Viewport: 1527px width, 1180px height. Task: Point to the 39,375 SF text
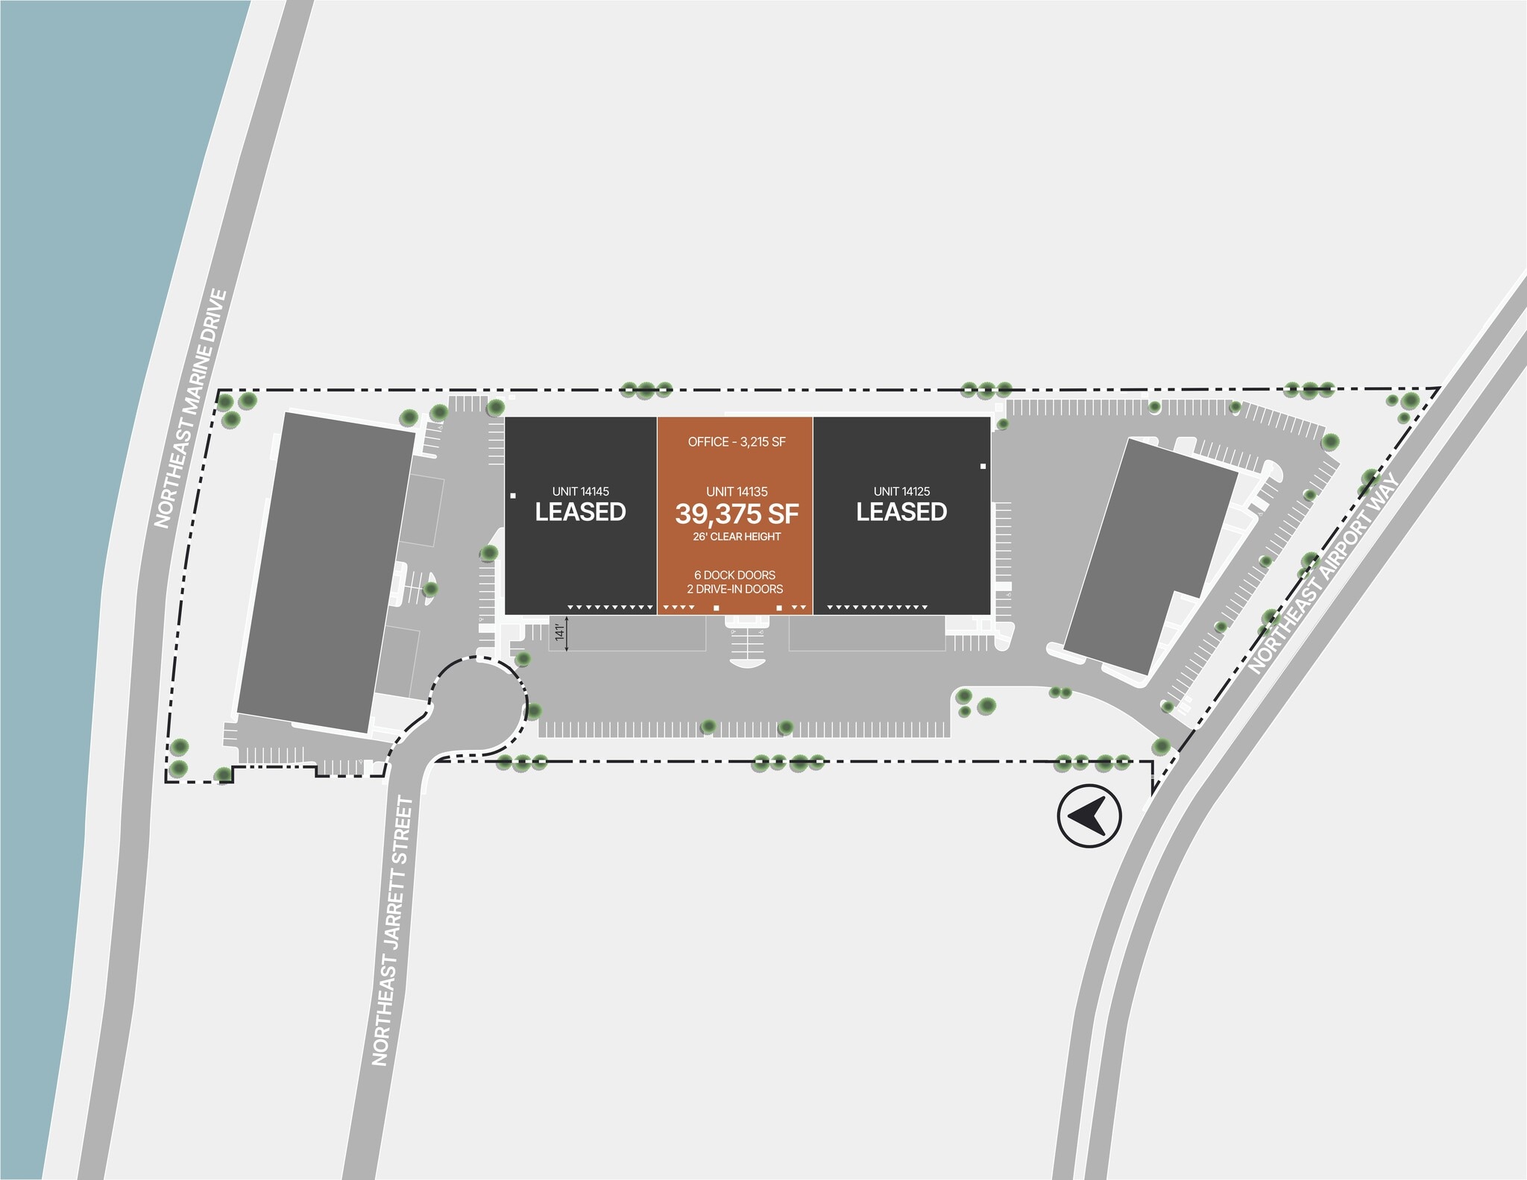pyautogui.click(x=737, y=514)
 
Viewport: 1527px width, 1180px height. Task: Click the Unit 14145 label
pyautogui.click(x=580, y=491)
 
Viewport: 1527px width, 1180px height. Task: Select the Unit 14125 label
pyautogui.click(x=901, y=491)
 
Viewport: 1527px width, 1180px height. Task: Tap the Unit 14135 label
pyautogui.click(x=737, y=491)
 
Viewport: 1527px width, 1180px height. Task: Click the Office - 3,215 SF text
pyautogui.click(x=737, y=442)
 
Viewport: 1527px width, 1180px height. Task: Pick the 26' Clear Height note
pyautogui.click(x=737, y=537)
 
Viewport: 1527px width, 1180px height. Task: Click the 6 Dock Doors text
pyautogui.click(x=735, y=575)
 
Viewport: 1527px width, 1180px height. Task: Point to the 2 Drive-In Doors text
pyautogui.click(x=735, y=589)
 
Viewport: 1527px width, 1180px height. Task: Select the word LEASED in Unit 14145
pyautogui.click(x=580, y=512)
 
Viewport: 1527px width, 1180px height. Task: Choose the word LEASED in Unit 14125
pyautogui.click(x=901, y=512)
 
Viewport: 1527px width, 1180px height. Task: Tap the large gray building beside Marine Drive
pyautogui.click(x=326, y=572)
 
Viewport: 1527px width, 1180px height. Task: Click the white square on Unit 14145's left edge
pyautogui.click(x=513, y=496)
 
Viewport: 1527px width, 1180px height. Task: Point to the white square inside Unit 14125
pyautogui.click(x=983, y=467)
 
